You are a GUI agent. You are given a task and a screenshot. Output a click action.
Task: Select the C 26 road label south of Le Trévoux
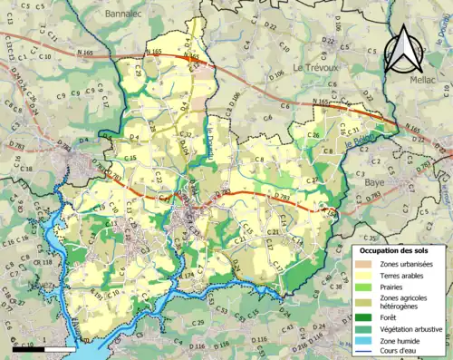click(314, 135)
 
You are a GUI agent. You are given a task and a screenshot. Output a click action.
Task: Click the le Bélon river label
click(358, 141)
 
